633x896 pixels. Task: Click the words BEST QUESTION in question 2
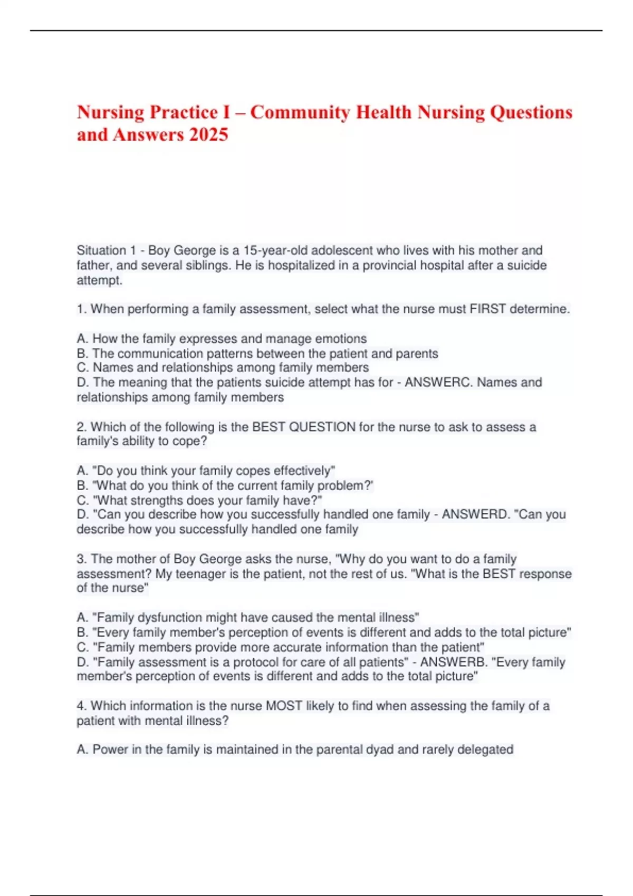304,427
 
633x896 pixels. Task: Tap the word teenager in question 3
200,573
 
